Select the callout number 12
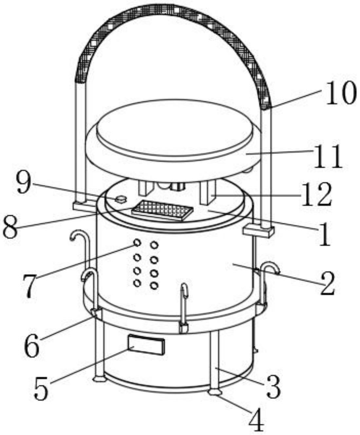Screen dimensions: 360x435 pyautogui.click(x=316, y=195)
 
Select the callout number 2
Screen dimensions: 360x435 pyautogui.click(x=327, y=284)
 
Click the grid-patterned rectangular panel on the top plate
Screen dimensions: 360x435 pyautogui.click(x=162, y=210)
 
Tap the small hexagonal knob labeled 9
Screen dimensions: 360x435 pyautogui.click(x=121, y=199)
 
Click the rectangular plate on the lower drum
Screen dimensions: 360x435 pyautogui.click(x=146, y=345)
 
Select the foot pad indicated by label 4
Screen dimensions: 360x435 pyautogui.click(x=215, y=392)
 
